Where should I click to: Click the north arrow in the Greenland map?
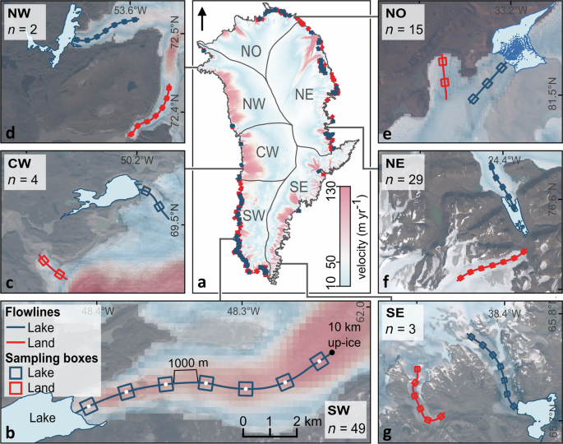coord(202,19)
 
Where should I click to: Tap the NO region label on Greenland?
coord(252,51)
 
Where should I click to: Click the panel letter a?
coord(201,284)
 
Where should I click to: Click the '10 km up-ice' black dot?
coord(330,353)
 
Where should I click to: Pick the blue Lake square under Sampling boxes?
coord(14,372)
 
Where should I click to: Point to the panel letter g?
coord(387,432)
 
